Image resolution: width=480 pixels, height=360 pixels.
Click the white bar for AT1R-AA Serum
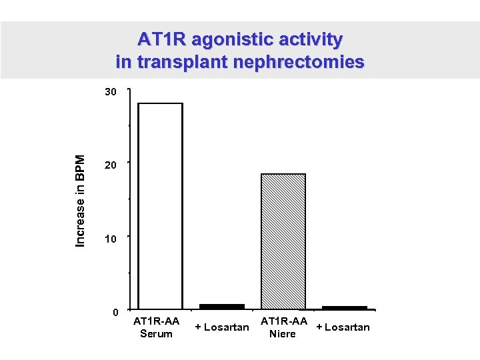coord(160,207)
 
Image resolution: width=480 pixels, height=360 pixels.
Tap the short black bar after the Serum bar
coord(222,307)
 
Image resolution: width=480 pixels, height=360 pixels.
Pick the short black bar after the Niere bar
coord(345,308)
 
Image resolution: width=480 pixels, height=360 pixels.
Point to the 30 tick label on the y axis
coord(111,91)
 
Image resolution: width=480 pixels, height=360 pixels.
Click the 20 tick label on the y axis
coord(111,165)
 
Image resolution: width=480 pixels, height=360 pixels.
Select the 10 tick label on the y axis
coord(111,239)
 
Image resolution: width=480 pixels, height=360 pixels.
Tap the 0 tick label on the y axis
coord(115,312)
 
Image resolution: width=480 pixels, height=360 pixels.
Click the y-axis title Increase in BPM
coord(81,201)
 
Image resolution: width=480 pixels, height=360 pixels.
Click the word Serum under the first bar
coord(157,333)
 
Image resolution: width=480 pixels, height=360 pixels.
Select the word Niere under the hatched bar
coord(282,333)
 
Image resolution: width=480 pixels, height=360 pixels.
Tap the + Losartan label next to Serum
coord(222,327)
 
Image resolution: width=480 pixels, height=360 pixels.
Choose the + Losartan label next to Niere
coord(343,327)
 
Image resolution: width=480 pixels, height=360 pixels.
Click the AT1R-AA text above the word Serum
coord(157,321)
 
